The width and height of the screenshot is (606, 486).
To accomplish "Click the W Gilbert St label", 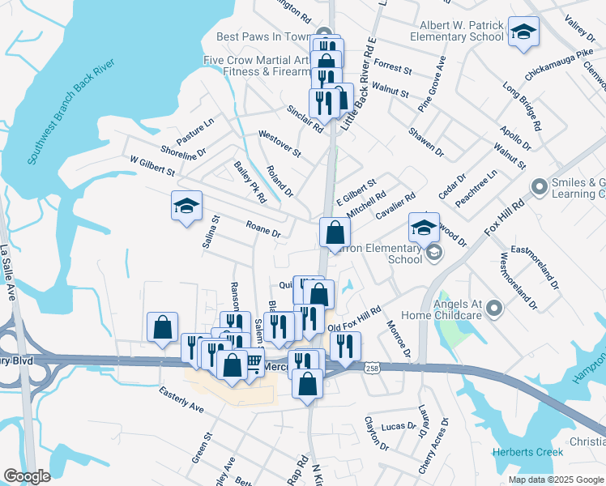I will (x=152, y=166).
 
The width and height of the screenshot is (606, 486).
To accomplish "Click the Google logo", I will (x=27, y=476).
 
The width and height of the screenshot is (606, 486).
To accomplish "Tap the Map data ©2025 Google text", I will (x=556, y=480).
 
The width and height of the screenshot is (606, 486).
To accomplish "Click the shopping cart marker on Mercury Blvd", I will (x=254, y=363).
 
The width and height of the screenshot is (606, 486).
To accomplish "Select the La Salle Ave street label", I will (x=9, y=272).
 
